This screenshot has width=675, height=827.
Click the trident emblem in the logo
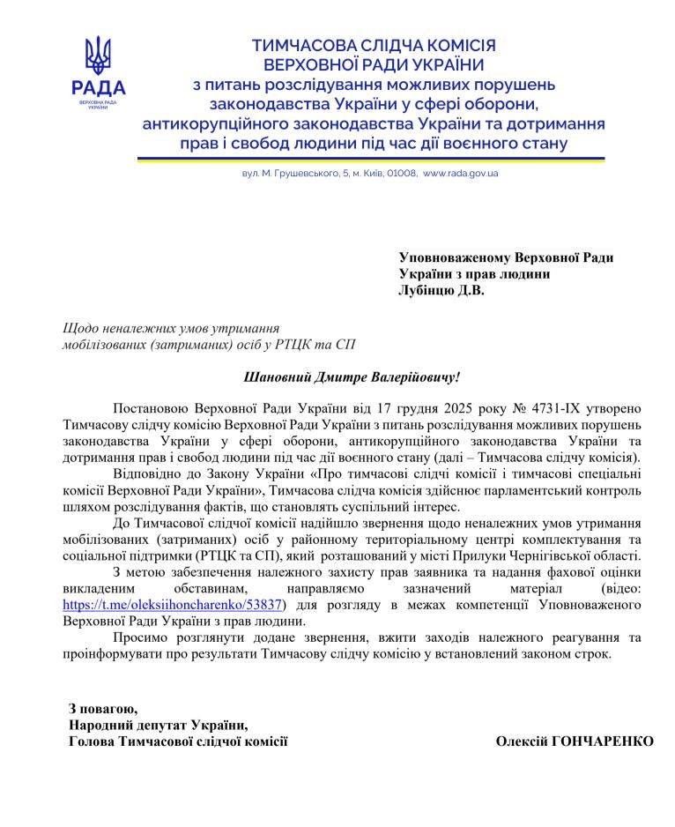(98, 55)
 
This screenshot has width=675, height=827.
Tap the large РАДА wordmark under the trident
(98, 88)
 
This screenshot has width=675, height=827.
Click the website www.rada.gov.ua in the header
(460, 174)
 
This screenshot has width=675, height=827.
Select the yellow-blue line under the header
(370, 160)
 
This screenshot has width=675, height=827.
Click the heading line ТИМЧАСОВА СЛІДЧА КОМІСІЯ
(374, 45)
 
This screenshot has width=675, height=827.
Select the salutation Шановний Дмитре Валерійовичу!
(352, 376)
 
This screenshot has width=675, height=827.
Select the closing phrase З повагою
(103, 708)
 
